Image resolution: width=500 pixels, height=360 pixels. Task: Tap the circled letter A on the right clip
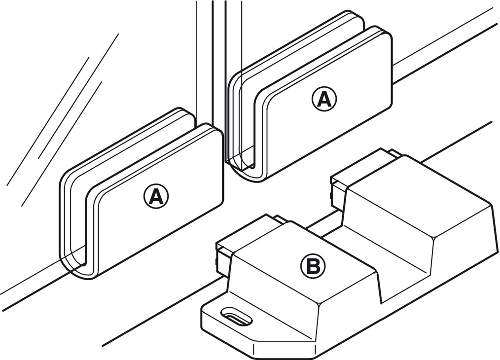pyautogui.click(x=323, y=100)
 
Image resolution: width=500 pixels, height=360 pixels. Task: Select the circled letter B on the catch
pyautogui.click(x=313, y=267)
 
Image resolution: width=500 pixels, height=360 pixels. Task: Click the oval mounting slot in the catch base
pyautogui.click(x=237, y=316)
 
